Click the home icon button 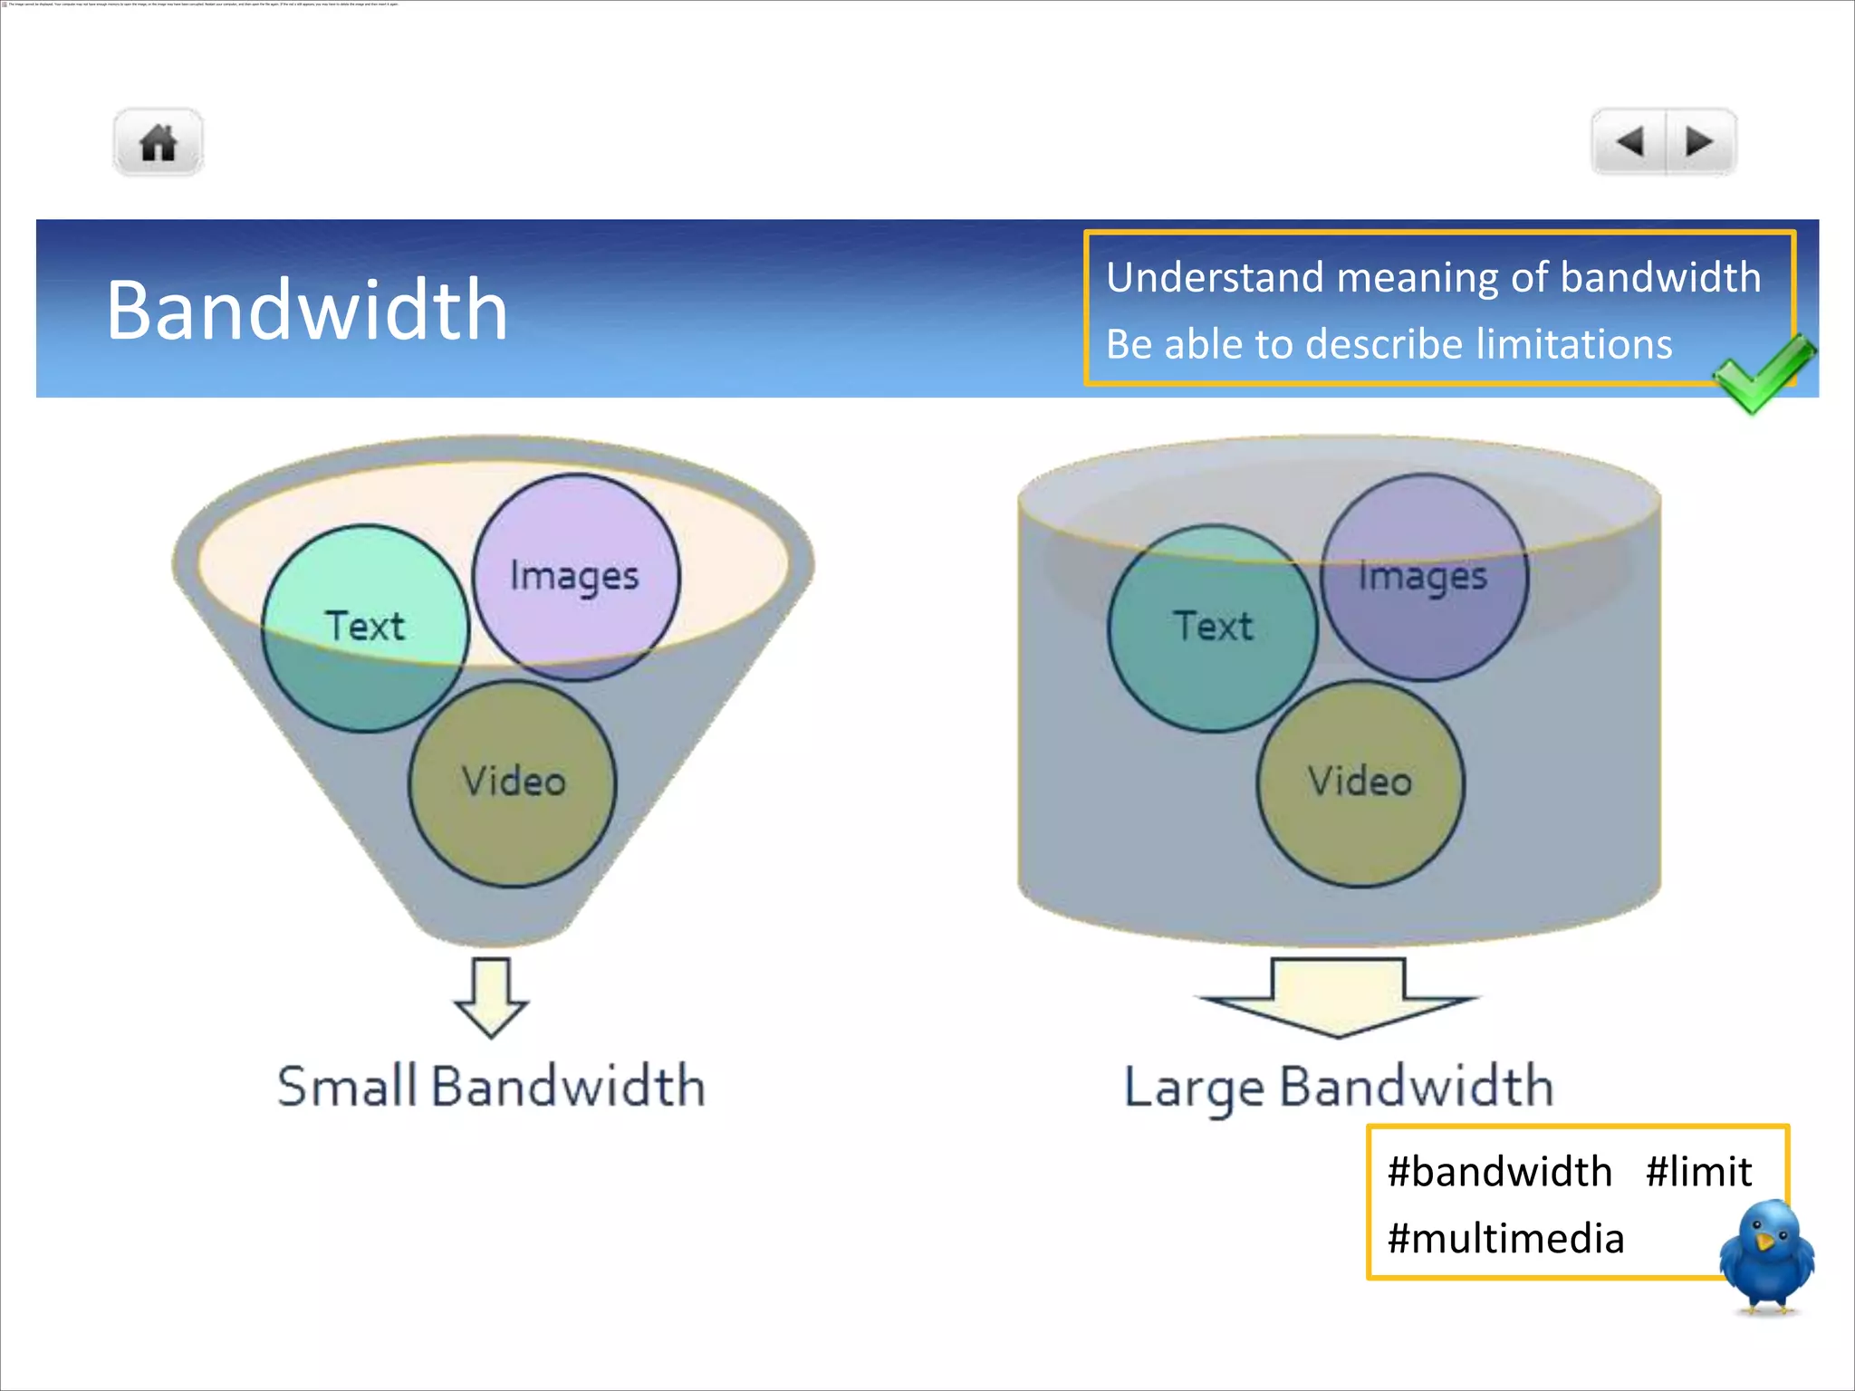(x=159, y=142)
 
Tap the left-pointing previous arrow (x=1629, y=141)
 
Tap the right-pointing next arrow (x=1699, y=141)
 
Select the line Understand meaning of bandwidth (x=1433, y=277)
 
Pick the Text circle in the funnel (x=365, y=628)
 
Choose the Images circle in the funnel (x=575, y=576)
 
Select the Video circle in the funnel (x=513, y=783)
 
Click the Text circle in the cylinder (x=1213, y=628)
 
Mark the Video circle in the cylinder (x=1360, y=783)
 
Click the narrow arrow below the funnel (x=491, y=996)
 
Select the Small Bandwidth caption (x=491, y=1087)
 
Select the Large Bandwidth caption (x=1339, y=1087)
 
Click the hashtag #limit (x=1698, y=1172)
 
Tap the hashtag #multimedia (x=1505, y=1239)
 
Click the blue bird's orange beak (x=1764, y=1240)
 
